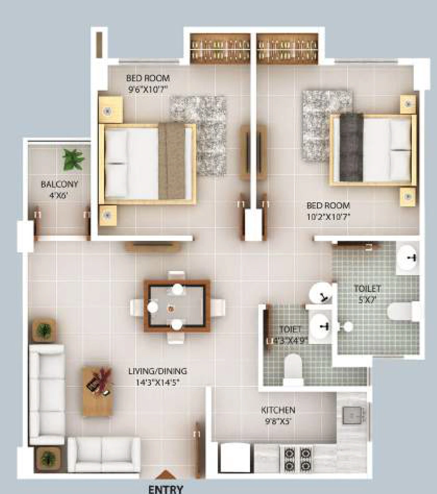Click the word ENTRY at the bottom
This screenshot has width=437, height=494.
165,489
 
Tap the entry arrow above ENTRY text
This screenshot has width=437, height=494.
165,475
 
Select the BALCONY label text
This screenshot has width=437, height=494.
59,184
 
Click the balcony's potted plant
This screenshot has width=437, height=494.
73,160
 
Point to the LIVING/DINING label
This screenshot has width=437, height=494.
158,371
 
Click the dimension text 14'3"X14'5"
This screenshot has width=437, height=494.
158,383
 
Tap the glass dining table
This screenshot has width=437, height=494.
177,306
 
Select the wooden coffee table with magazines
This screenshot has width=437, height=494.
98,391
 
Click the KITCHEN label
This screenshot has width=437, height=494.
278,410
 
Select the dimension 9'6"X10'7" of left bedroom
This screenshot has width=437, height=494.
148,89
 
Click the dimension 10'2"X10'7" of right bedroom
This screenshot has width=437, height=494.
328,217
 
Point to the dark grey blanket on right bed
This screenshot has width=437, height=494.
351,148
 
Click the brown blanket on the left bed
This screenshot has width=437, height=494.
171,161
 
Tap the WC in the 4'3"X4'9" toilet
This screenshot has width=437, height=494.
293,370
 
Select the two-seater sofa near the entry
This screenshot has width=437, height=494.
104,454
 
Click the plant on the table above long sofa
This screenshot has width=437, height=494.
44,330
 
